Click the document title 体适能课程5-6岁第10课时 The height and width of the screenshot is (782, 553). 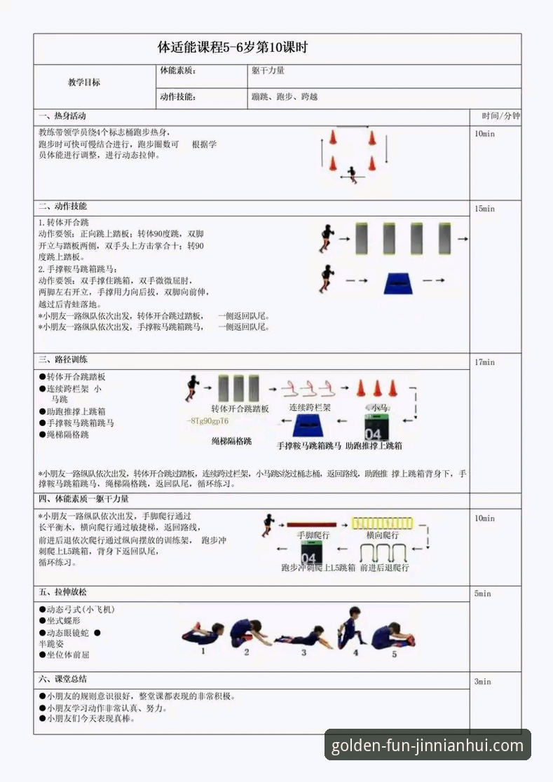[x=233, y=48]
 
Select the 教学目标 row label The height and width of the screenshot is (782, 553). [x=83, y=83]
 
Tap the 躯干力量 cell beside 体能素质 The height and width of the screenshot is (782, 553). [x=268, y=71]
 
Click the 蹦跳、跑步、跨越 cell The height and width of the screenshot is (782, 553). [x=285, y=97]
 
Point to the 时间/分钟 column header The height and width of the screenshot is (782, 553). [x=500, y=116]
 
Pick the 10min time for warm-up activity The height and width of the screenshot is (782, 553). [x=484, y=134]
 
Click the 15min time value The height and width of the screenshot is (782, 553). [x=484, y=209]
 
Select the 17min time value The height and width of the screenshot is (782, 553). [x=484, y=362]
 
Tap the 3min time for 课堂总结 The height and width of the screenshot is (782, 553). [x=482, y=682]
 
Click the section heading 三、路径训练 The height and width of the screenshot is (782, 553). [x=63, y=359]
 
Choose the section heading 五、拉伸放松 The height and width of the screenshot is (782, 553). [x=63, y=592]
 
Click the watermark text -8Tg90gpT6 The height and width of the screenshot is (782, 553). [x=207, y=421]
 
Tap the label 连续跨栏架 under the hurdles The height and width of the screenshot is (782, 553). [x=310, y=407]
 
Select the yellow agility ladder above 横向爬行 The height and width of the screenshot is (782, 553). [x=382, y=523]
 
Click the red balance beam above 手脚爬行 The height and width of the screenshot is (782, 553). [x=313, y=524]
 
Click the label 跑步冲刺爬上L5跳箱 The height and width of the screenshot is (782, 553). [x=318, y=568]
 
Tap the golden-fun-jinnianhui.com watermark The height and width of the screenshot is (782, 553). [x=427, y=746]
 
